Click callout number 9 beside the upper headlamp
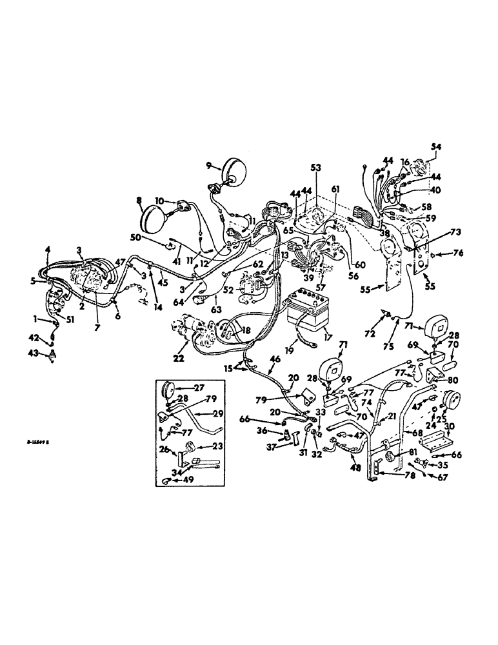[x=208, y=165]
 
